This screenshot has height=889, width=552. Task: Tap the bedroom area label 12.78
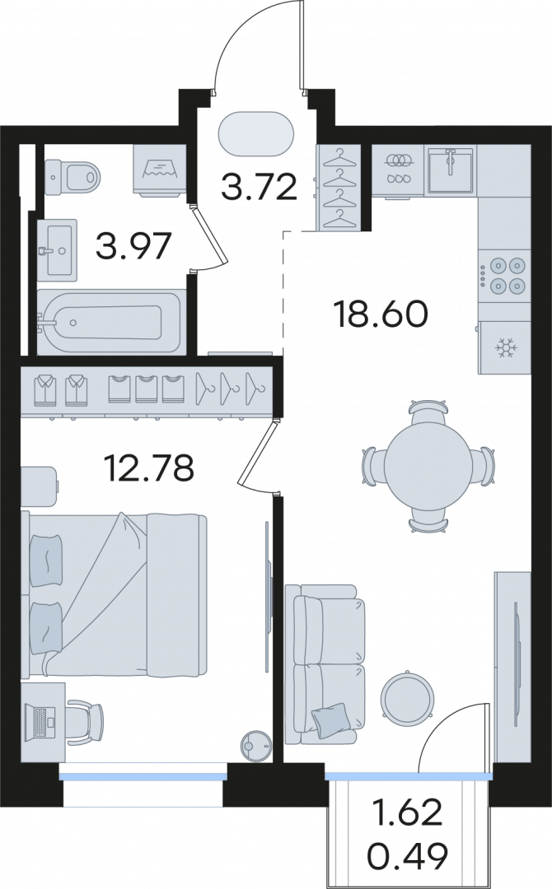point(149,468)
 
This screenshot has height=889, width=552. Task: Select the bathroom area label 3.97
point(133,245)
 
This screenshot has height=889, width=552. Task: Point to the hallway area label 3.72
point(260,187)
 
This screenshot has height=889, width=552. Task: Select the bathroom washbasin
point(56,249)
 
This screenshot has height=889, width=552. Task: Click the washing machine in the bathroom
point(160,170)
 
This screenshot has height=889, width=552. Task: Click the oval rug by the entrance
point(256,134)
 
